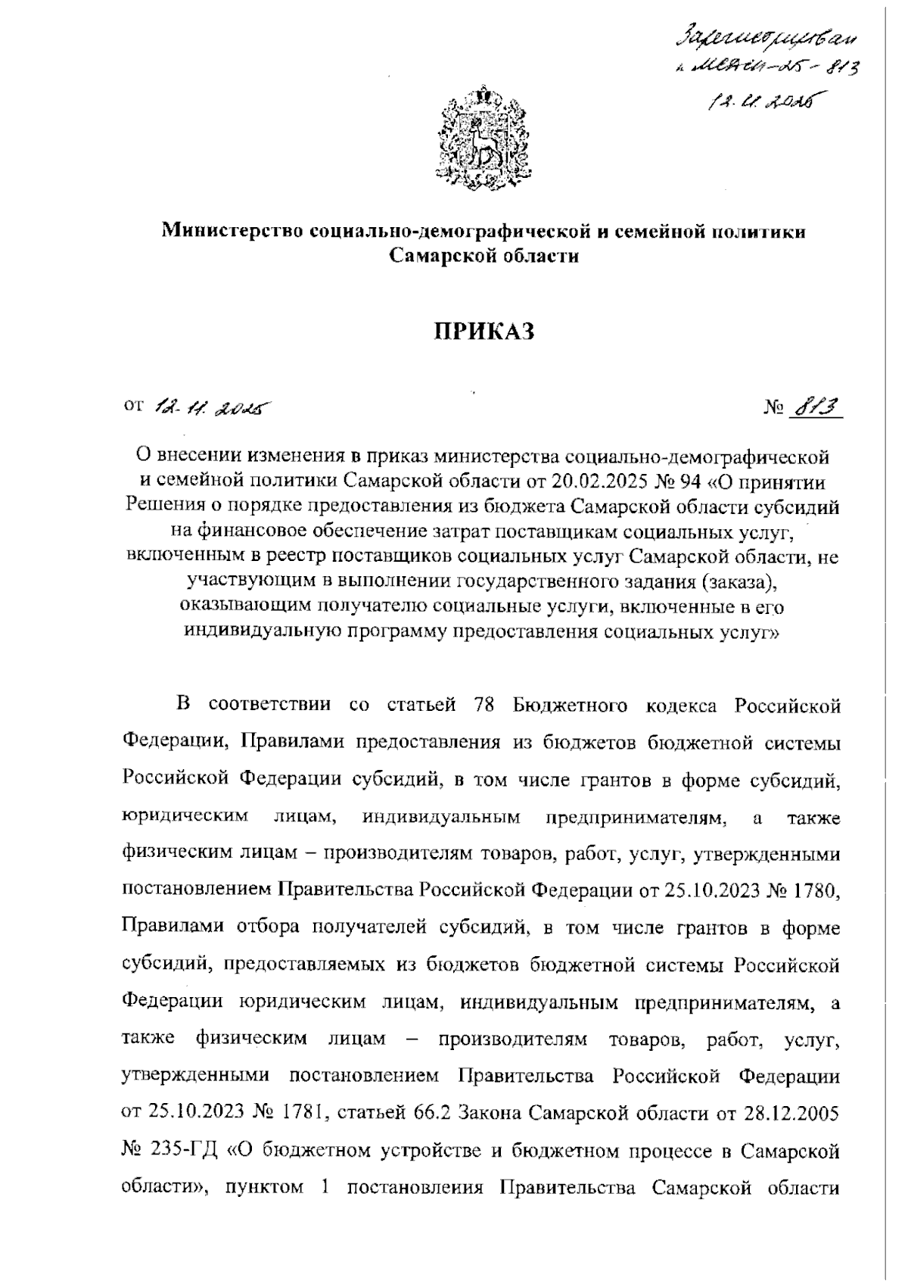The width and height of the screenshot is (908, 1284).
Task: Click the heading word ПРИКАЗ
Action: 484,331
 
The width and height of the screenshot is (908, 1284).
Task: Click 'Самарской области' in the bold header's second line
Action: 484,256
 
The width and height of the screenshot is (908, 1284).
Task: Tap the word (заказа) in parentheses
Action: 740,581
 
